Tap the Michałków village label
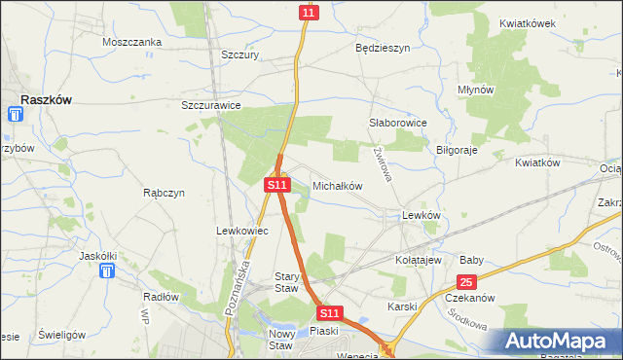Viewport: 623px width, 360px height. click(x=337, y=185)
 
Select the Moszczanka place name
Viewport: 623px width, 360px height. click(x=132, y=42)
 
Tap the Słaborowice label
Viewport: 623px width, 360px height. click(x=398, y=124)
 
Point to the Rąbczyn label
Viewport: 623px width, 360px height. click(x=164, y=193)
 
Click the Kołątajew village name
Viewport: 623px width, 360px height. click(x=419, y=261)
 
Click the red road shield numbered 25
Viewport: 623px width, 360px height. click(x=467, y=282)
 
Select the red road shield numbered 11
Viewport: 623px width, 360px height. click(x=309, y=12)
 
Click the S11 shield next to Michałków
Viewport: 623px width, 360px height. click(x=277, y=184)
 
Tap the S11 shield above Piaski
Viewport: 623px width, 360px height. click(x=330, y=313)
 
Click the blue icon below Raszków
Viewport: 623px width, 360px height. click(x=15, y=115)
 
